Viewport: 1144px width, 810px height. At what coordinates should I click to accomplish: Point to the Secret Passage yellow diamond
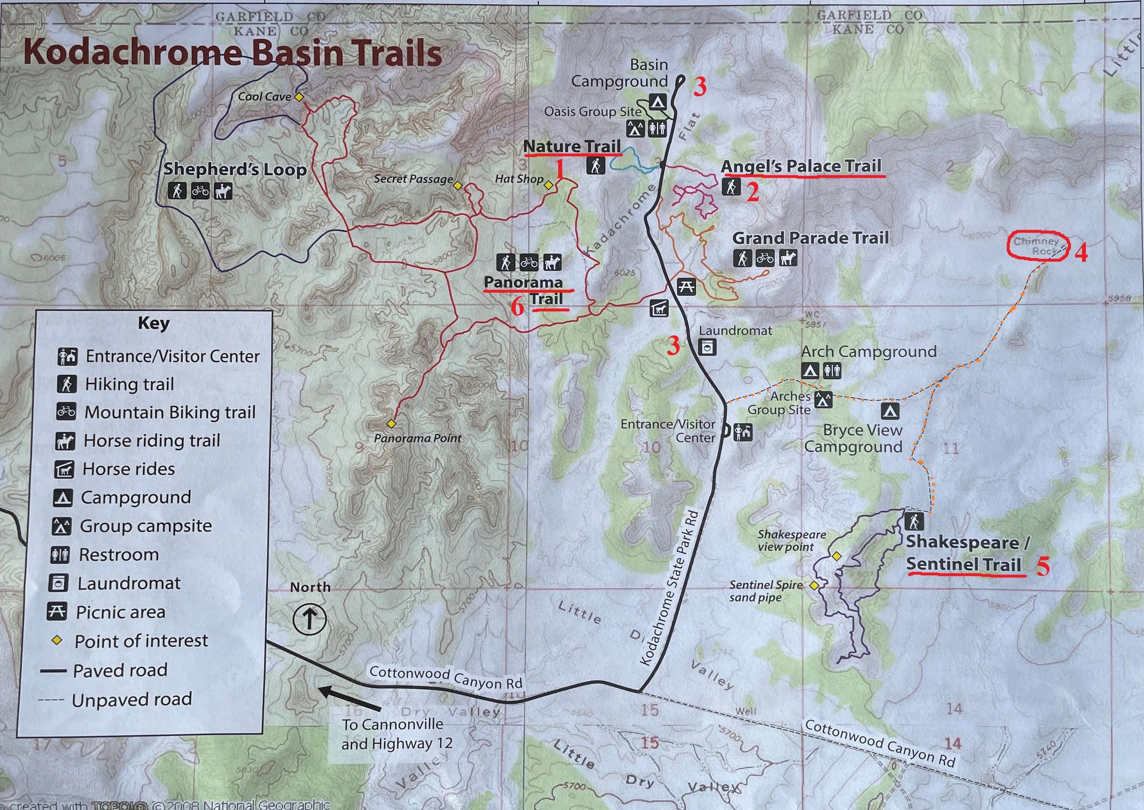458,185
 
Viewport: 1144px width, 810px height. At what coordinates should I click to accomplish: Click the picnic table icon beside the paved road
686,287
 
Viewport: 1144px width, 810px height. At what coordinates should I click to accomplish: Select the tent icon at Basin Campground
657,103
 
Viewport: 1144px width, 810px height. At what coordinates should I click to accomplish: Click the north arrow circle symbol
309,620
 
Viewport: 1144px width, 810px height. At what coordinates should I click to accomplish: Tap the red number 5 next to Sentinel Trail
1043,567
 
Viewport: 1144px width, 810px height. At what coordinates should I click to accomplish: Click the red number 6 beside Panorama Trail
518,307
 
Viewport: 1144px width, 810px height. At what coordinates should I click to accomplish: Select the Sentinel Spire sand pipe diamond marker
814,586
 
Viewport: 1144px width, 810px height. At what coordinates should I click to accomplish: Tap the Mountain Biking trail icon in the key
66,412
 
